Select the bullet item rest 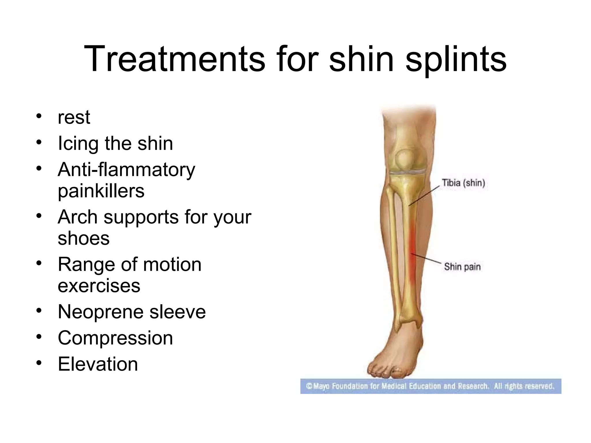(74, 117)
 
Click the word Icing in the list (78, 144)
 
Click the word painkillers (101, 191)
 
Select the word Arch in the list (78, 217)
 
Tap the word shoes (84, 239)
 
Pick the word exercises (99, 286)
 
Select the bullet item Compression (115, 338)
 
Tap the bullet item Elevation (98, 364)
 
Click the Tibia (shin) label (463, 183)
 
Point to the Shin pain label (462, 267)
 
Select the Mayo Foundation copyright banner (431, 386)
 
